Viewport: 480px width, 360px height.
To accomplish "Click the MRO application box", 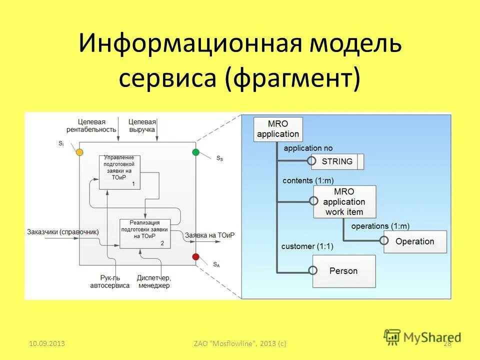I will click(277, 129).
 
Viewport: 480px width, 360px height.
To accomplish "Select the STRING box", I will click(337, 161).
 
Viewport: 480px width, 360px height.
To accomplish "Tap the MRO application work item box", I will click(344, 201).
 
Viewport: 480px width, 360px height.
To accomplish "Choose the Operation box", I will click(414, 241).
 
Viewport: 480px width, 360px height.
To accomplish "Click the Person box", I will click(343, 270).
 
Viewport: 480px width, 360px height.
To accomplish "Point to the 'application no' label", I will click(307, 148).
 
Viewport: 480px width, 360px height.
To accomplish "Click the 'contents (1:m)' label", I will click(307, 180).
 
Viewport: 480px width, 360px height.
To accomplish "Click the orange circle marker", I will click(79, 152).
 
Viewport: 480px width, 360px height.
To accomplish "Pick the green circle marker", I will click(195, 152).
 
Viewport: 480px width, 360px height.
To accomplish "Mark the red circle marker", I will click(195, 257).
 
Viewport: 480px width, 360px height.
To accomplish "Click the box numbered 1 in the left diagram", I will click(119, 172).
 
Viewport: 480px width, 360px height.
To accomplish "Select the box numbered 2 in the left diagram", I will click(144, 233).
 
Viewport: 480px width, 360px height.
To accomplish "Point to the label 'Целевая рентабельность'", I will click(97, 125).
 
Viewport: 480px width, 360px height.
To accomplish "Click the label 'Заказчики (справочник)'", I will click(63, 232).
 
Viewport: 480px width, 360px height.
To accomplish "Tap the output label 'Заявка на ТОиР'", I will click(209, 235).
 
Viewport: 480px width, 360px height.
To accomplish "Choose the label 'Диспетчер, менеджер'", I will click(153, 281).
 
